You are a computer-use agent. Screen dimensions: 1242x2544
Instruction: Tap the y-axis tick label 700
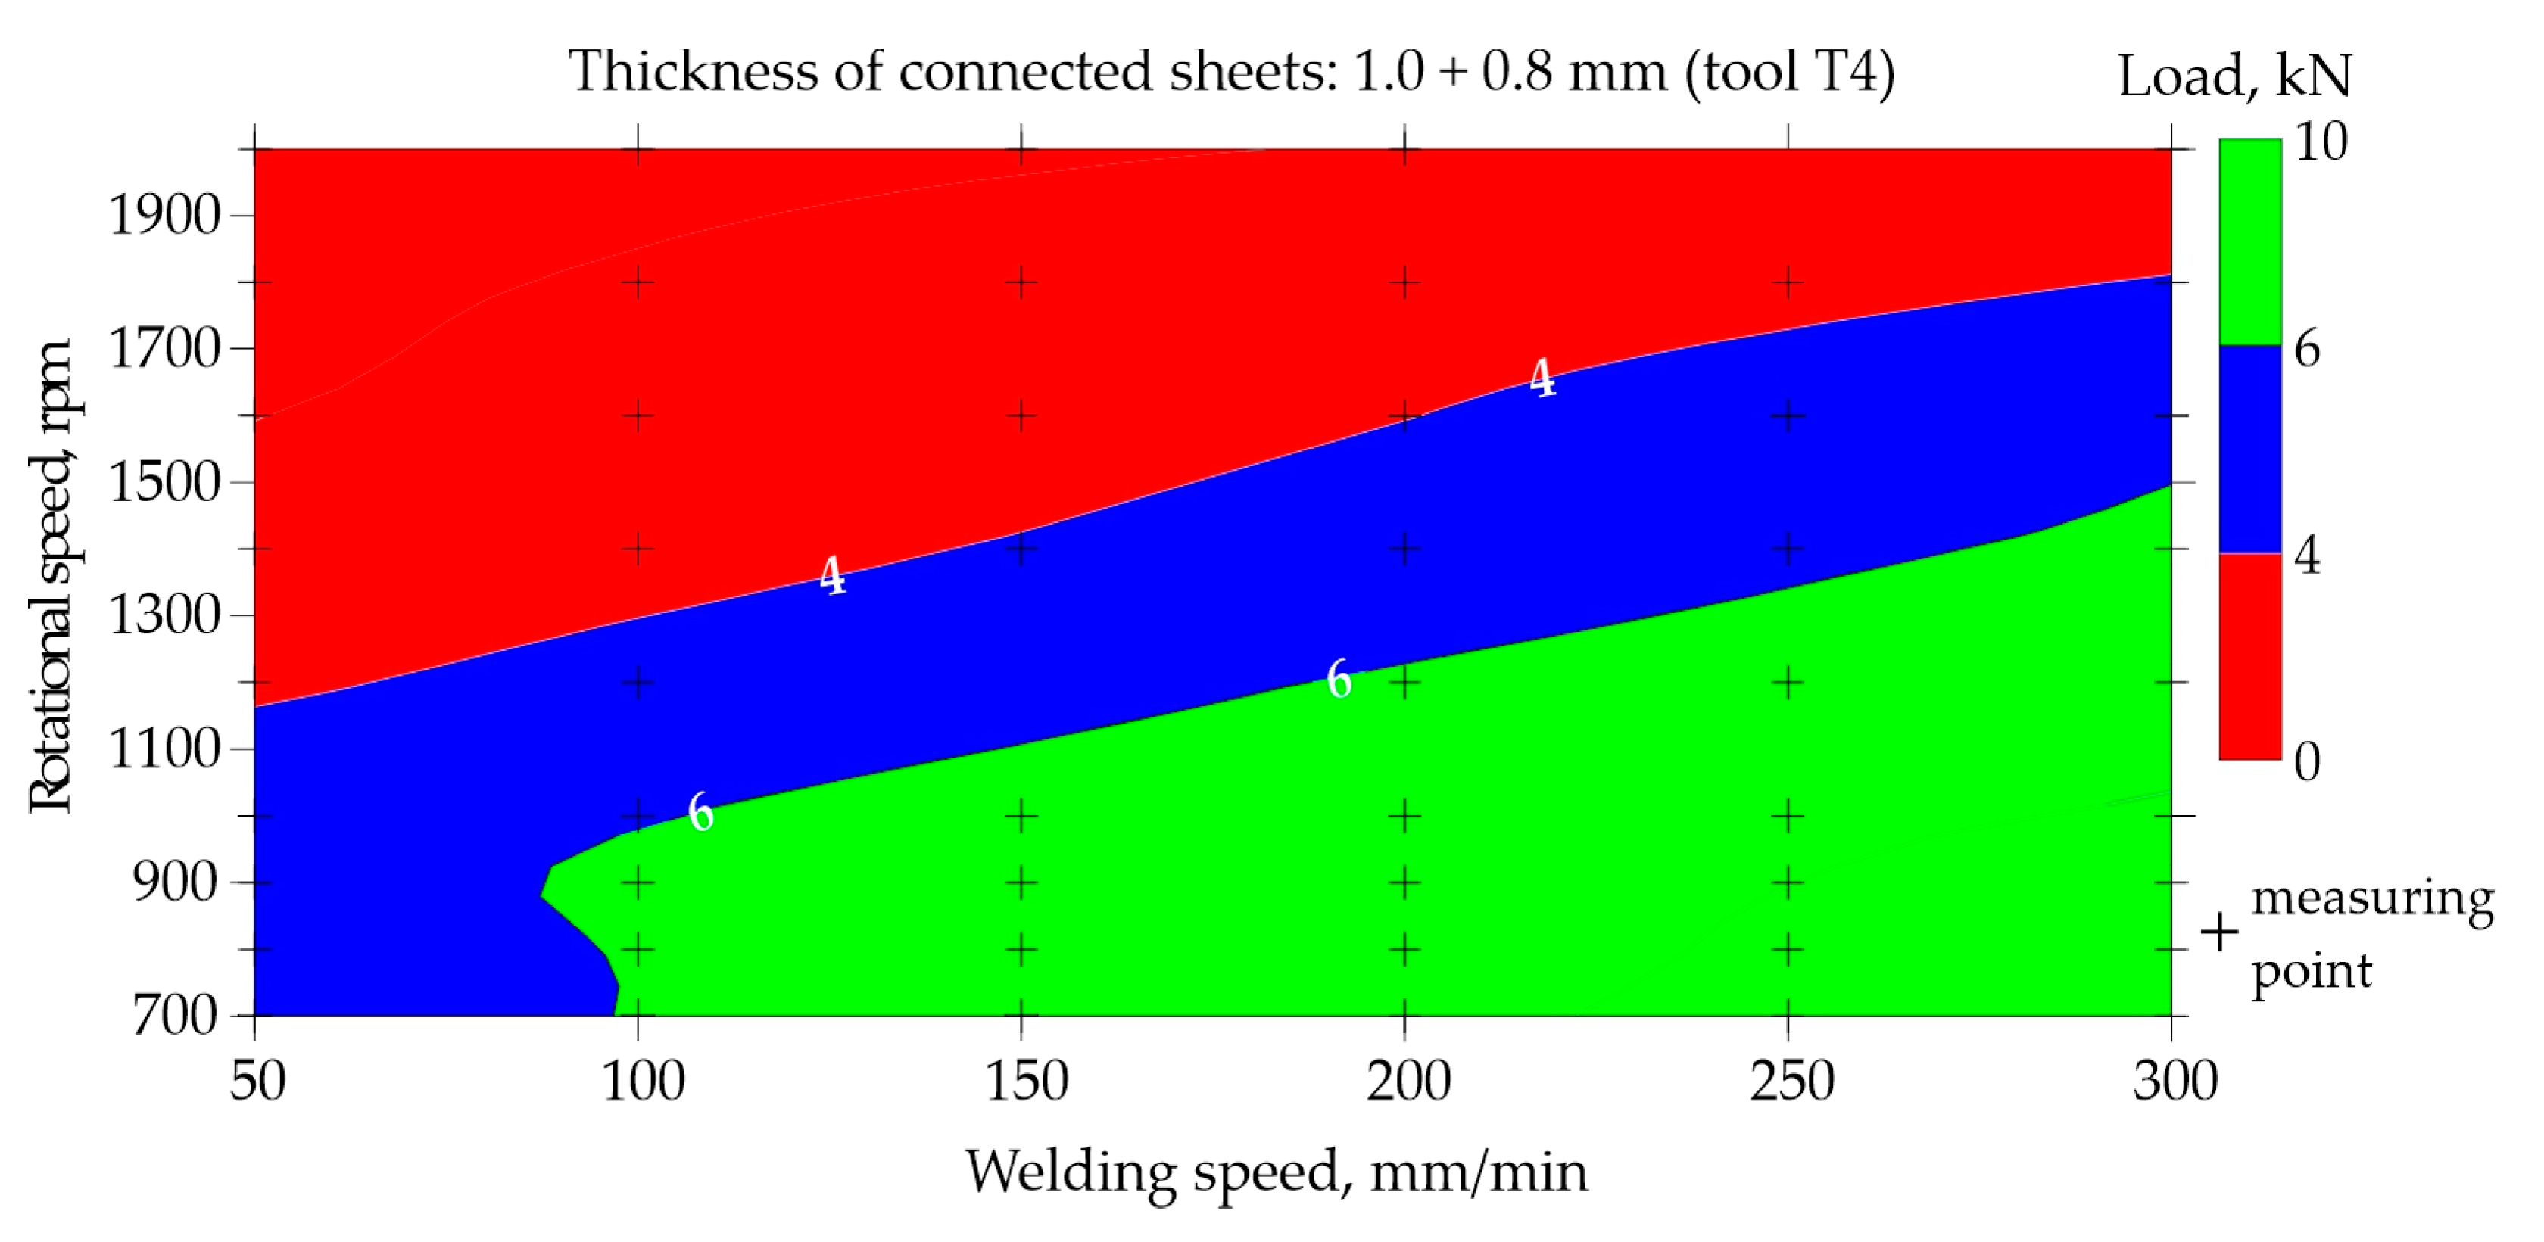(175, 1014)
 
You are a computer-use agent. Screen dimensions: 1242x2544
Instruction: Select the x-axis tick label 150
(1026, 1080)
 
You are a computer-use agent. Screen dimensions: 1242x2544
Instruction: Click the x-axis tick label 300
(2175, 1080)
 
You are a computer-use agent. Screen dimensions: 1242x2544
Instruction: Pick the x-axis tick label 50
(257, 1080)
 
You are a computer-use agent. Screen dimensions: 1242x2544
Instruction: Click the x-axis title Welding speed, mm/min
(1276, 1172)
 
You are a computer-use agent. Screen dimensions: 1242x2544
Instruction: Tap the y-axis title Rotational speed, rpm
(49, 575)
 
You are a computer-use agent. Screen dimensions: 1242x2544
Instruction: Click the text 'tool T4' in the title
(1788, 71)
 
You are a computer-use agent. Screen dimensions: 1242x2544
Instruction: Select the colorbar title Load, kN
(2234, 75)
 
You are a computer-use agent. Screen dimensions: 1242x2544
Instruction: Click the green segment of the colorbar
(2249, 242)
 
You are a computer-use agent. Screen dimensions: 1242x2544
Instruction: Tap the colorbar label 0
(2307, 761)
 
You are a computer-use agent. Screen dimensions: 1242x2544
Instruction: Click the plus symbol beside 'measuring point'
(2219, 932)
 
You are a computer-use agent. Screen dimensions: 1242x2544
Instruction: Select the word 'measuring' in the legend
(2372, 898)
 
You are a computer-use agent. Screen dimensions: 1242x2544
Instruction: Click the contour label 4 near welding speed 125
(833, 575)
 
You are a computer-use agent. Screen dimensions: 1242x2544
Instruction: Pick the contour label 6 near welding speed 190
(1338, 679)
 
